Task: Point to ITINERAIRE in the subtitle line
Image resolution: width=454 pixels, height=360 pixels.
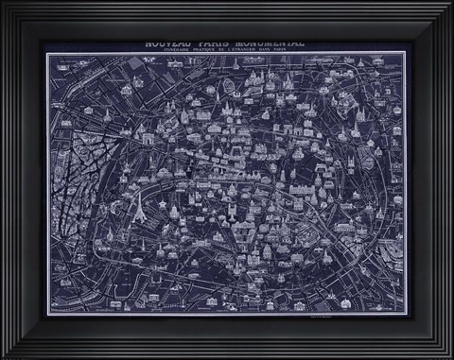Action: click(x=177, y=50)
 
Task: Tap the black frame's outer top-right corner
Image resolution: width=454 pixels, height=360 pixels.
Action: click(x=453, y=1)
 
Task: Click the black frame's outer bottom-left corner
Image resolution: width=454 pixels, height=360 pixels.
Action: click(x=1, y=358)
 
